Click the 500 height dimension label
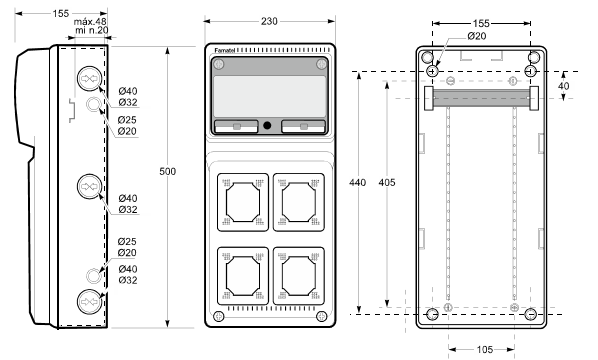click(167, 172)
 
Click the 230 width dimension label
click(269, 21)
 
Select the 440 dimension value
click(357, 183)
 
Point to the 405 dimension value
click(387, 183)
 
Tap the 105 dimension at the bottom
click(485, 349)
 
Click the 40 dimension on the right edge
click(563, 86)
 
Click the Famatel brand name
click(225, 50)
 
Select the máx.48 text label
click(90, 22)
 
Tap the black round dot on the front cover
click(267, 125)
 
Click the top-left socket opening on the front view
click(243, 202)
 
